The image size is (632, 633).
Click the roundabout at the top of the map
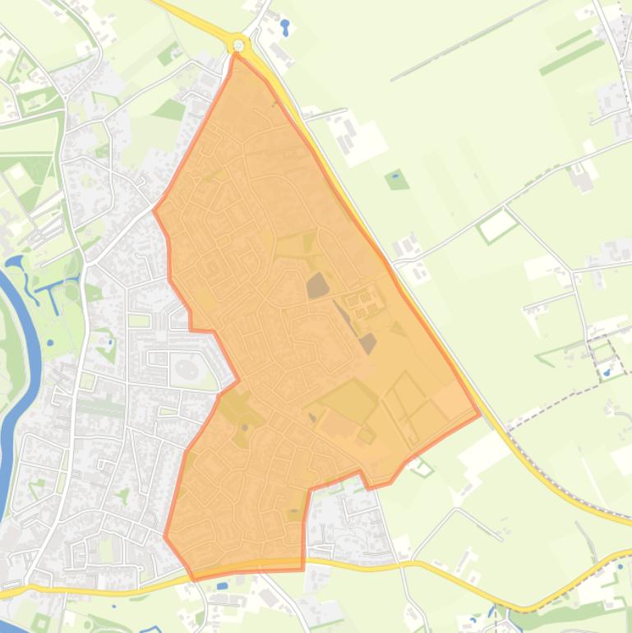coord(238,44)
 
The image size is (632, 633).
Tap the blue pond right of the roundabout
coord(285,26)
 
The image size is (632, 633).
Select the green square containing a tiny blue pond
coord(397,179)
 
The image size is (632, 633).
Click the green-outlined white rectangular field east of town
coord(498,224)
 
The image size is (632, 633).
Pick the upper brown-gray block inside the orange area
coord(317,286)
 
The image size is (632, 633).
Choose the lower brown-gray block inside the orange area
coord(367,343)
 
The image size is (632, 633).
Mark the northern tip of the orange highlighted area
coord(237,54)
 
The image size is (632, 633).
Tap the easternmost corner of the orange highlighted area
coord(479,414)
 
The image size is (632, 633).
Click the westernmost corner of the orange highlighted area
coord(154,210)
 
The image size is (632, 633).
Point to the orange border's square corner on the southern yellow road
coord(302,569)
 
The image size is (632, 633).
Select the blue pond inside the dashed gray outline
coord(607,372)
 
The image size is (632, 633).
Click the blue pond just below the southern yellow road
coord(222,586)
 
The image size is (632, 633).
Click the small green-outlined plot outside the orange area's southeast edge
coord(422,469)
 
